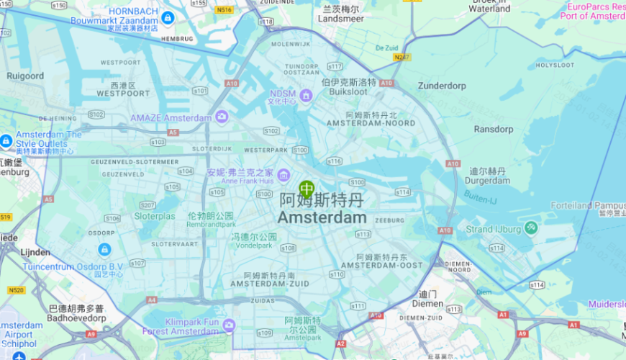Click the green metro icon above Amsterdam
(x=307, y=189)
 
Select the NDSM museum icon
(x=306, y=95)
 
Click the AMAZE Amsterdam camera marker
(x=222, y=117)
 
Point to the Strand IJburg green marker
(x=531, y=228)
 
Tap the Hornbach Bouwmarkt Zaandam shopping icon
(x=168, y=17)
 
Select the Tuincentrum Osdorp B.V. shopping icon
(x=104, y=249)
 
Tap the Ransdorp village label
(x=494, y=130)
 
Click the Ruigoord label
(x=25, y=76)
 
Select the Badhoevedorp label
(x=76, y=318)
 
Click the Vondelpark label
(x=254, y=246)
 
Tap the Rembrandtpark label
(x=210, y=224)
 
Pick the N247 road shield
(x=402, y=56)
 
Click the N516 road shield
(x=224, y=10)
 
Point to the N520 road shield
(x=17, y=290)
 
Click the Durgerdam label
(x=487, y=181)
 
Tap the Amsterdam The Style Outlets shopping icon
(x=6, y=141)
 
